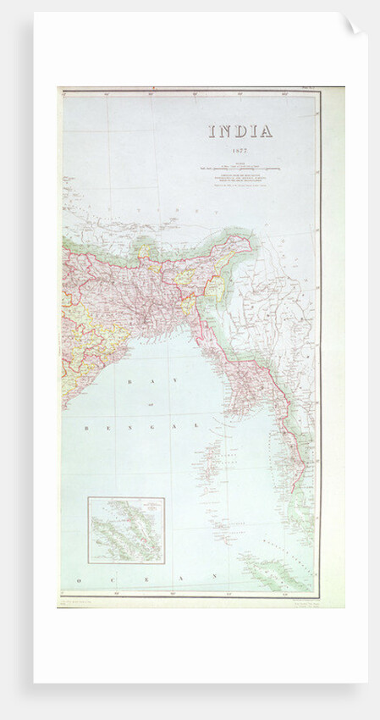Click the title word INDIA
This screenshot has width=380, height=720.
click(x=240, y=131)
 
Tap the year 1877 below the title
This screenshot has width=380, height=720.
click(x=240, y=151)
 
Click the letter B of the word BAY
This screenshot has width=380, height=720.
click(x=128, y=383)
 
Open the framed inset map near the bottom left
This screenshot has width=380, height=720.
click(x=126, y=530)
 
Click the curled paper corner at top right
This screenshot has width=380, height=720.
click(x=352, y=25)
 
